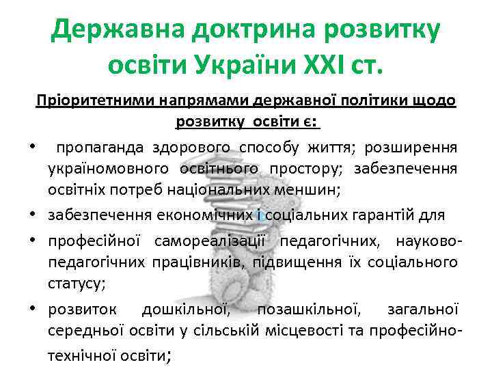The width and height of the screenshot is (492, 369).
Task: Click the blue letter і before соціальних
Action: (262, 215)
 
